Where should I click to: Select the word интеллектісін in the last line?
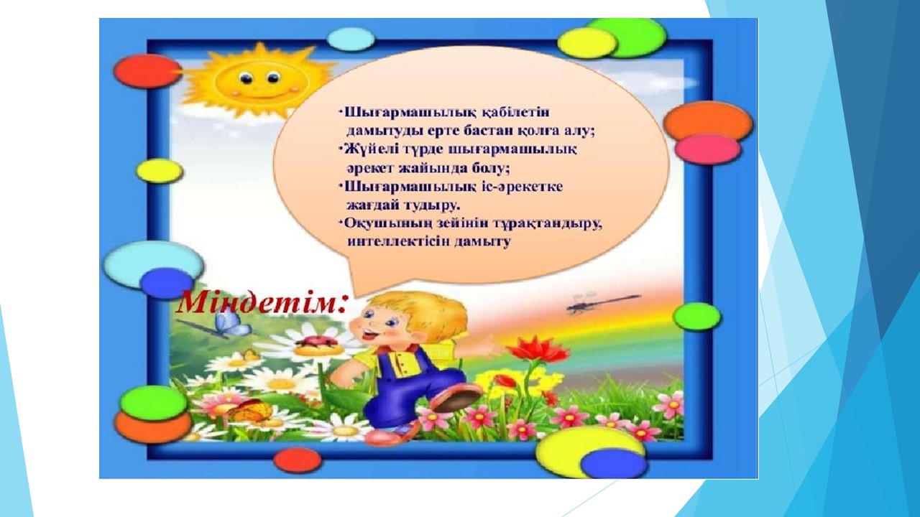(399, 241)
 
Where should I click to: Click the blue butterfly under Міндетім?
(233, 323)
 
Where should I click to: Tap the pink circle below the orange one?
(707, 149)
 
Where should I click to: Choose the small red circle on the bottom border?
(298, 460)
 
